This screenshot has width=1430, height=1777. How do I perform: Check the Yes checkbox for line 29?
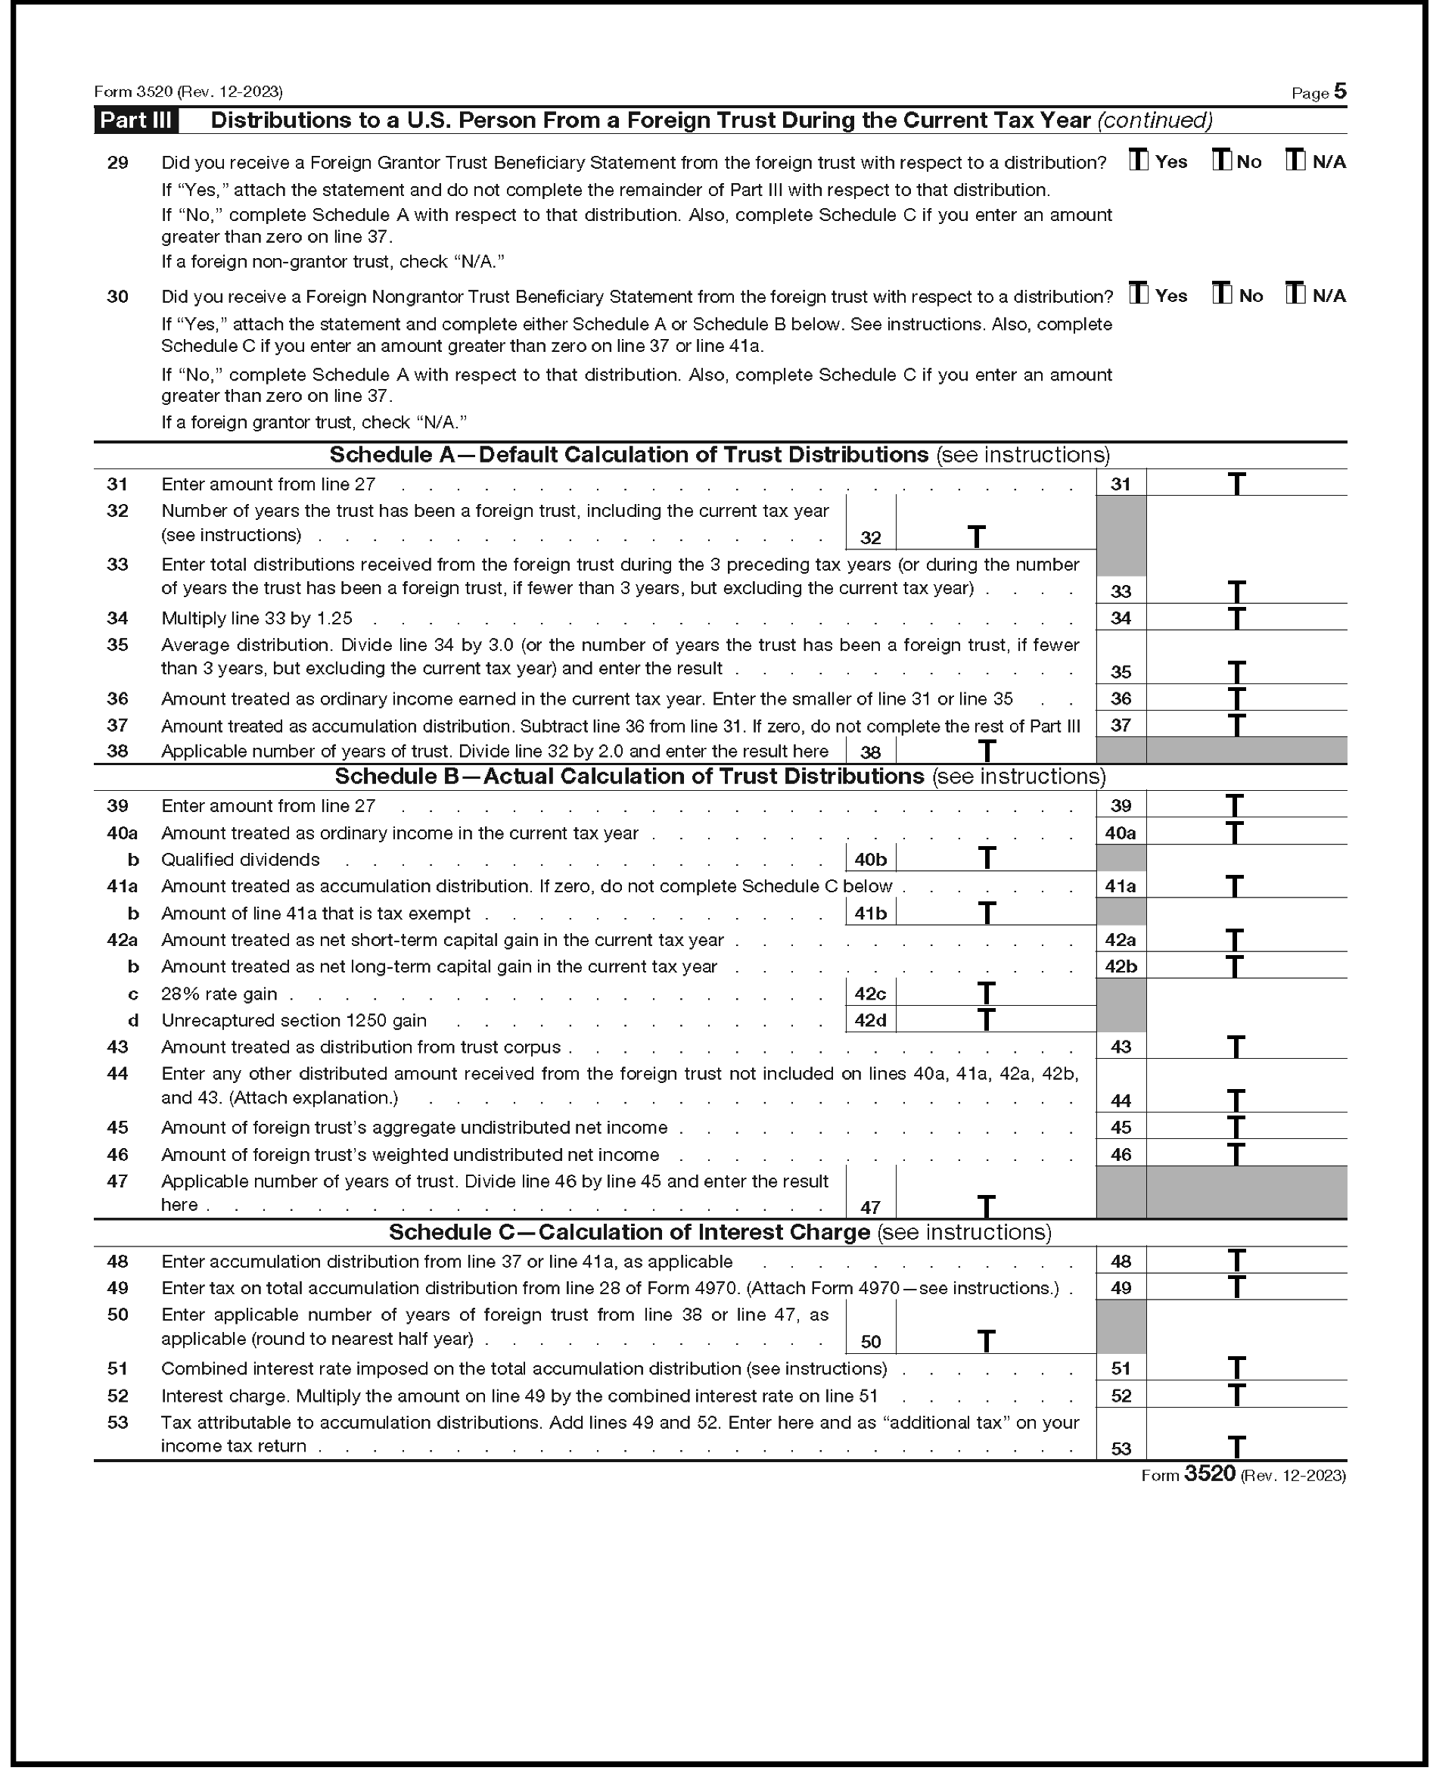(x=1138, y=160)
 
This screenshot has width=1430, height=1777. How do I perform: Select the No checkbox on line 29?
(x=1220, y=160)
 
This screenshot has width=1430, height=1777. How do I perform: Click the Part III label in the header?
(x=135, y=120)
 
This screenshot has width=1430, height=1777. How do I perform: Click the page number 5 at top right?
(x=1339, y=92)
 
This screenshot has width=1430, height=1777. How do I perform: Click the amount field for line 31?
(x=1245, y=484)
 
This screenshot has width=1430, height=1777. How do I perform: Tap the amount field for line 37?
(x=1245, y=724)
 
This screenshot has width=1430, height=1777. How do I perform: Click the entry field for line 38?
(x=995, y=751)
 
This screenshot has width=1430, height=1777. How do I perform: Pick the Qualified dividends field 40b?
(x=995, y=859)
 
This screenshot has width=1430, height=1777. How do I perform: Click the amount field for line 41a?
(x=1245, y=886)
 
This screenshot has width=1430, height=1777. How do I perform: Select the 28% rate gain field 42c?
(x=995, y=993)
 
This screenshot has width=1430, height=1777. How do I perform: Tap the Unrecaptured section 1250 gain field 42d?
(x=995, y=1019)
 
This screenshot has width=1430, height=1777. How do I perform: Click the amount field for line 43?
(x=1245, y=1047)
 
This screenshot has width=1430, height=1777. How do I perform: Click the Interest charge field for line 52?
(x=1245, y=1396)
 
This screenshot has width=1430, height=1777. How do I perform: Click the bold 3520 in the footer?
(x=1209, y=1474)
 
